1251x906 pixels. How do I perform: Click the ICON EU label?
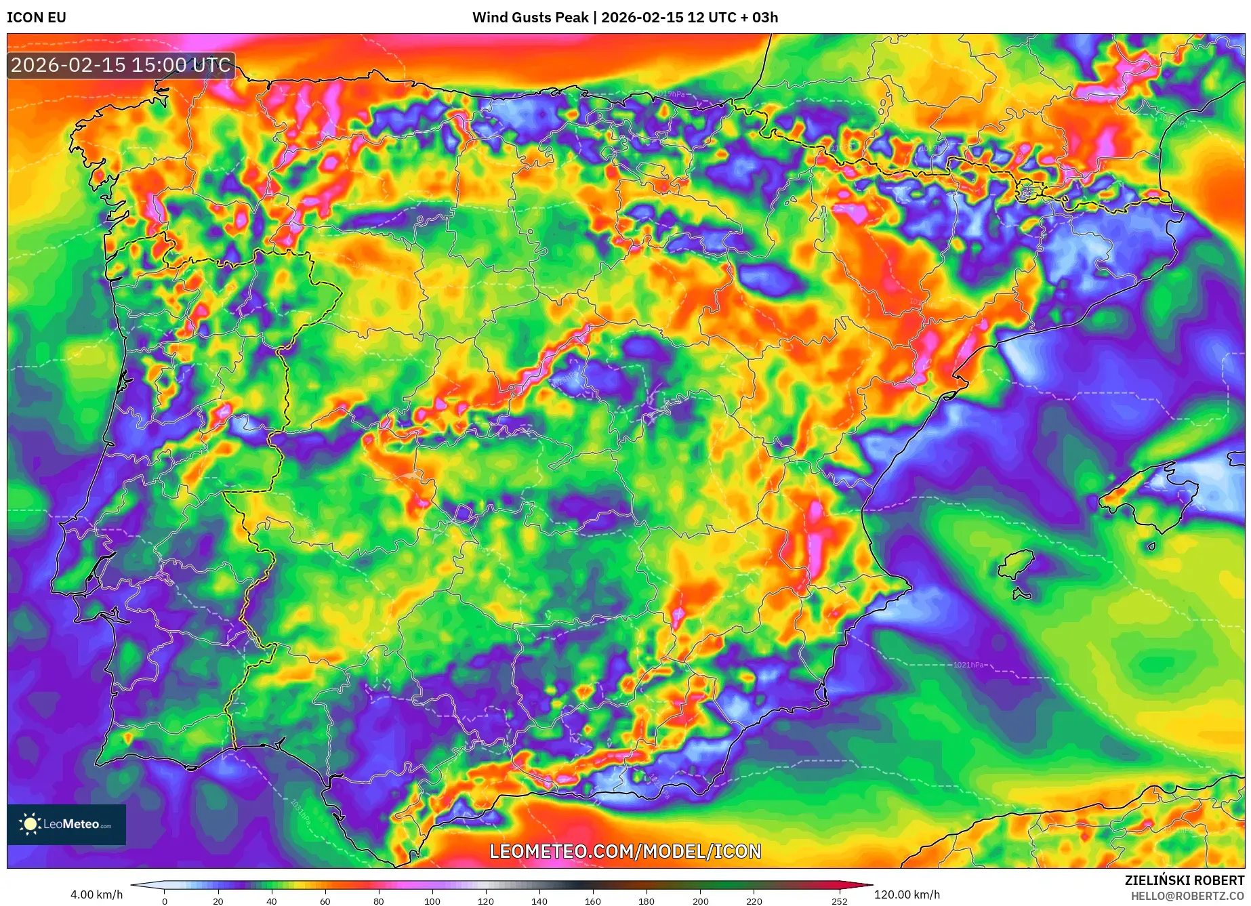click(x=37, y=18)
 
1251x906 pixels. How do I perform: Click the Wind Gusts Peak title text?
click(x=625, y=18)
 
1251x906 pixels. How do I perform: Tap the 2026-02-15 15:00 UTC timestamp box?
click(x=121, y=65)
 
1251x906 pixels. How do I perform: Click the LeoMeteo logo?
click(x=66, y=824)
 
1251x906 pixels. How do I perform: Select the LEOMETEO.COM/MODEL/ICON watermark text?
click(x=625, y=851)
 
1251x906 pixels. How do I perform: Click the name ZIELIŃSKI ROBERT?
click(x=1184, y=880)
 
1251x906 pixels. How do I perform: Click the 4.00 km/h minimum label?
click(x=96, y=894)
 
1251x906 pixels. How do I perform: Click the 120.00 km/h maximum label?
click(x=907, y=894)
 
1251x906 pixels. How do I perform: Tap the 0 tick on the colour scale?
click(x=164, y=901)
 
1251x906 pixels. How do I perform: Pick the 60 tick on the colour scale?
click(x=325, y=901)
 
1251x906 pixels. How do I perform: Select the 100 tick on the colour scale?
click(x=432, y=901)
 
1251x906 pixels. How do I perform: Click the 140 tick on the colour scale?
click(x=539, y=901)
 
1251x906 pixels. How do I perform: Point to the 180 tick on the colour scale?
click(x=646, y=901)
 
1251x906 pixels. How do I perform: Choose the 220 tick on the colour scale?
click(x=754, y=901)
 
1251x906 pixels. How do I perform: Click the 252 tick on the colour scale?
click(x=839, y=901)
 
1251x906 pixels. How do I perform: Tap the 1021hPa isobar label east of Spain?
click(x=968, y=665)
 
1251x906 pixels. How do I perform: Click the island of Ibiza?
click(x=1017, y=564)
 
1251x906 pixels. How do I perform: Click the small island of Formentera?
click(x=1021, y=594)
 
